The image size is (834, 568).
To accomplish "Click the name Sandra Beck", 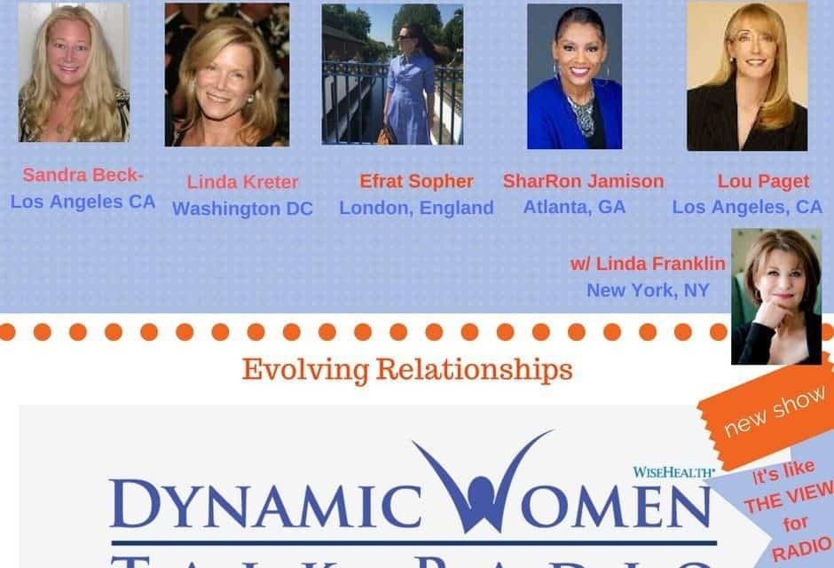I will point(78,174).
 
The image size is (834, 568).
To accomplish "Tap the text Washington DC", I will point(242,209).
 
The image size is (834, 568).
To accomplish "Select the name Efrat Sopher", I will point(416,181).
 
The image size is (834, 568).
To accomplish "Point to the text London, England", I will point(416,208).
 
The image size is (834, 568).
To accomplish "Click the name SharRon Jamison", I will point(583,181).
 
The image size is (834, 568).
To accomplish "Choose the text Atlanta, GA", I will point(574,207).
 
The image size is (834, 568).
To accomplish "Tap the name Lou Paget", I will point(763,181).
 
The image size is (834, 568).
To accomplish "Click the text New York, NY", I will point(647,289).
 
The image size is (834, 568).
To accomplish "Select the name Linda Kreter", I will point(242,182).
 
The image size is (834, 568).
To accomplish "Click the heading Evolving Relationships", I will point(406,368).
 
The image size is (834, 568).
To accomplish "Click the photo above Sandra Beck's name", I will point(74,72).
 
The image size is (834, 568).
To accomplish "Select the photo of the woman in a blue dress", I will point(392,75).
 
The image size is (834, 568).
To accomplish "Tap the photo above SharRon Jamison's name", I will point(574,76).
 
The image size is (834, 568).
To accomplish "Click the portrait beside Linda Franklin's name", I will point(775,296).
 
